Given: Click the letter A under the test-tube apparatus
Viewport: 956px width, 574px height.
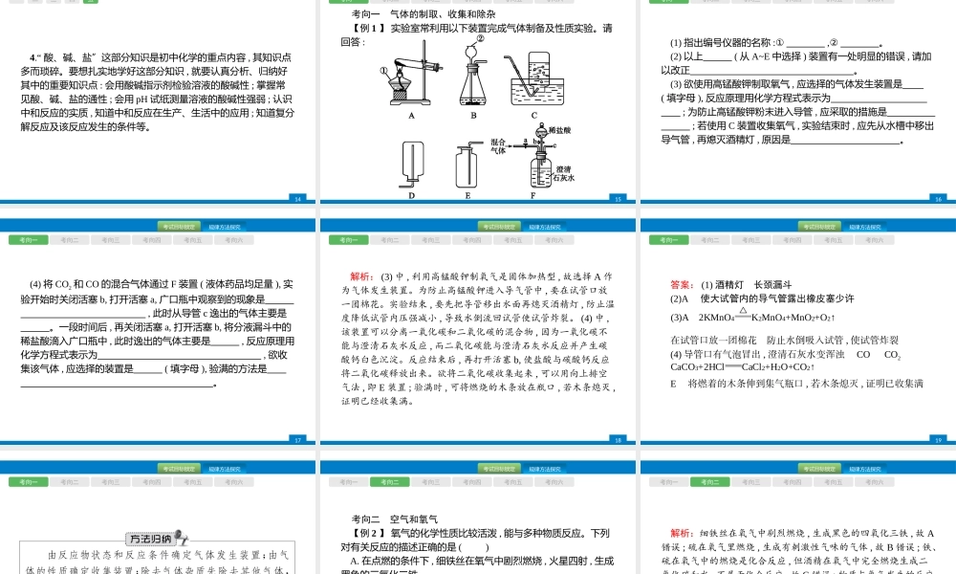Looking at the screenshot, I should [411, 116].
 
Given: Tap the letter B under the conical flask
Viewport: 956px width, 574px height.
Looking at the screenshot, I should [472, 116].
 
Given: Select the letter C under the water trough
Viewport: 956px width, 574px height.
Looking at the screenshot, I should [534, 116].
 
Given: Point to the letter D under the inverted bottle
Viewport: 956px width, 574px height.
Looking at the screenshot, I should [411, 194].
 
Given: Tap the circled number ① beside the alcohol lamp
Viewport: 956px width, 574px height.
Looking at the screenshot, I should [383, 72].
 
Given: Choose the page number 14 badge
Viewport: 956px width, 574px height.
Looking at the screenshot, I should [297, 199].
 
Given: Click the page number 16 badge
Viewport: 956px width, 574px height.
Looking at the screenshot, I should [938, 199].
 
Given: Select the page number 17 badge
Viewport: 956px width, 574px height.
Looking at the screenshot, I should [297, 440].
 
